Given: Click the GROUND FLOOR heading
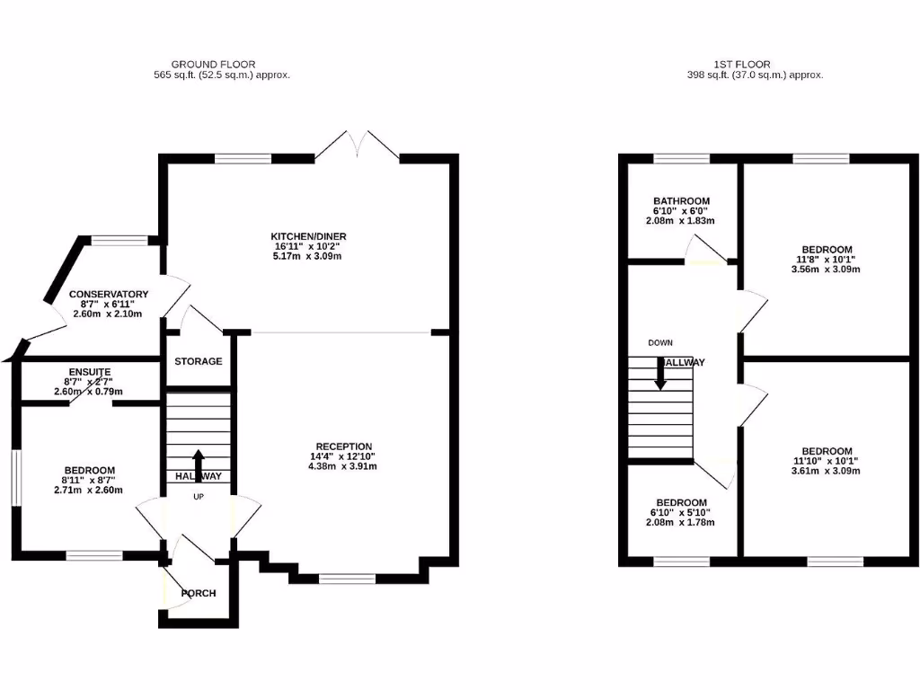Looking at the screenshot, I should [213, 65].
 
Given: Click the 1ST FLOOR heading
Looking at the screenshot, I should [742, 65].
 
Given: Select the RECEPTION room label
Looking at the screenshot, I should [343, 447].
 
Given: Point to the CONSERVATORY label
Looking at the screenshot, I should [109, 294].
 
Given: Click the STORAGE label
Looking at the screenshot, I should [199, 361].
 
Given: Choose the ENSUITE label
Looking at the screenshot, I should [89, 371].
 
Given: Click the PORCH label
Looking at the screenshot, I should [199, 593].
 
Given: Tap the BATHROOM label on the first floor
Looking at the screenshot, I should [681, 201].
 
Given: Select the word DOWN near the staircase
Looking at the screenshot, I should [659, 342].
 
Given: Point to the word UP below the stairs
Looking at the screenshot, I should [198, 495].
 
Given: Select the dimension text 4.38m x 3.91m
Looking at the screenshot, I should [343, 466].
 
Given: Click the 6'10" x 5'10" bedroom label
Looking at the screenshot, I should [680, 512].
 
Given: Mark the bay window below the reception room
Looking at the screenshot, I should [347, 579].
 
